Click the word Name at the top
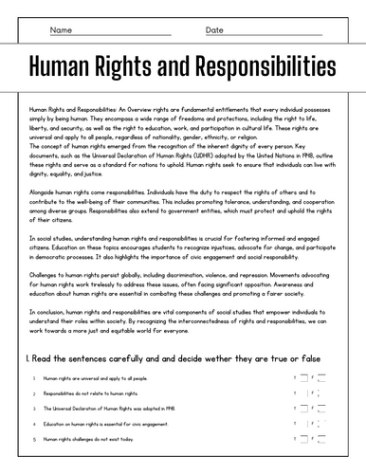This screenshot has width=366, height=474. (x=61, y=30)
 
